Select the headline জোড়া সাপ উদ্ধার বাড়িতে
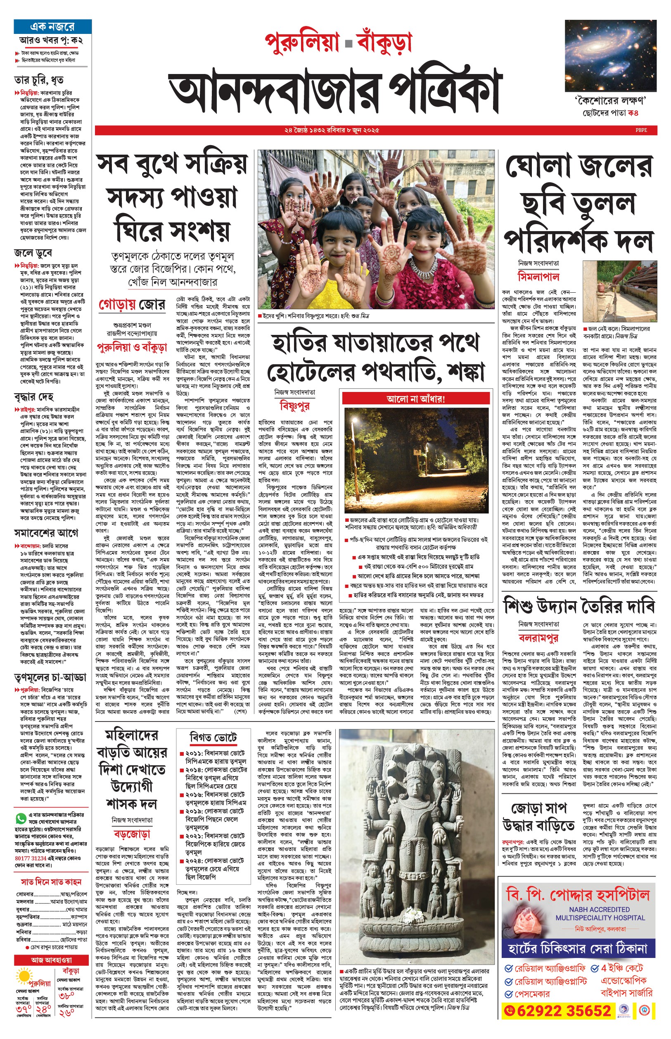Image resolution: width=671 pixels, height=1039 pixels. tap(538, 817)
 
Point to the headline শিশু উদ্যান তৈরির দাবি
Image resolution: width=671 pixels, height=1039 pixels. tap(579, 607)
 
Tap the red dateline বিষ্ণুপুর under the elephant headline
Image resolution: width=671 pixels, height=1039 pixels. tap(294, 406)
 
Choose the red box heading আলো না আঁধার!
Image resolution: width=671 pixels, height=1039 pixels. tap(416, 399)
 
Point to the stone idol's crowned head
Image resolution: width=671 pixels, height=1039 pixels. tap(411, 780)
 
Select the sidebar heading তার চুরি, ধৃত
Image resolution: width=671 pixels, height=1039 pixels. tap(39, 80)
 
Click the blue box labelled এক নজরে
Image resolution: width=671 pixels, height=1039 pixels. tap(52, 26)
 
